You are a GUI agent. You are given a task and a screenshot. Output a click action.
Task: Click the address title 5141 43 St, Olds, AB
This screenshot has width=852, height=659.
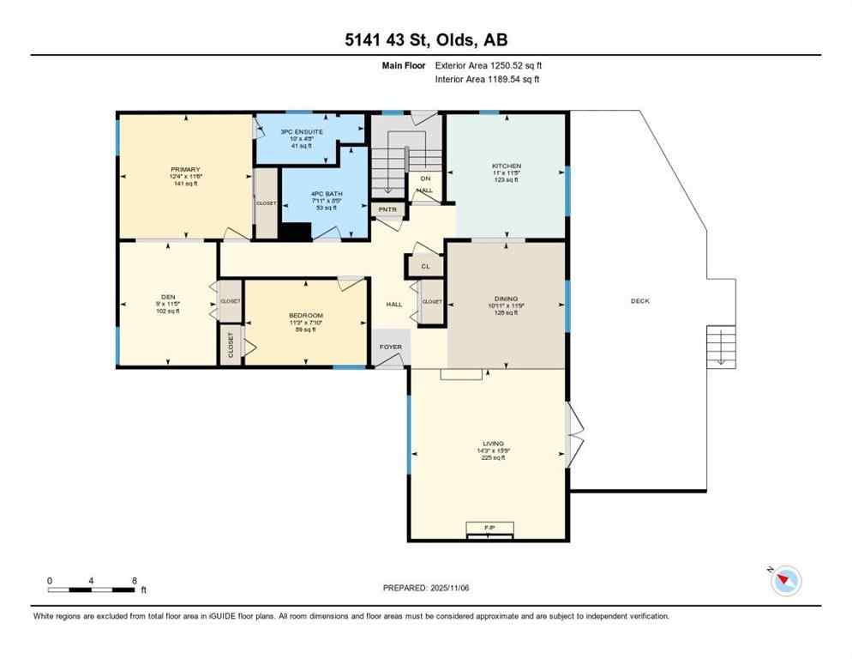point(425,39)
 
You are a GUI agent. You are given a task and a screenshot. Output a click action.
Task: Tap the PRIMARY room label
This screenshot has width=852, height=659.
point(185,170)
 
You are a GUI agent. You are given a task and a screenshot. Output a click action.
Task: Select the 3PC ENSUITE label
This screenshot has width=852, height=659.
point(301,131)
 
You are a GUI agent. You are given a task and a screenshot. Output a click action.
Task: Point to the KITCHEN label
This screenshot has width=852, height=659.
point(506,166)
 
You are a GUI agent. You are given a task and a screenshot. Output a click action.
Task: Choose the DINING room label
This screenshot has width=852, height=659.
point(506,299)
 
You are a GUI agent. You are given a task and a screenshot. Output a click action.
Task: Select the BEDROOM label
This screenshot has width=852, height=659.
point(306,316)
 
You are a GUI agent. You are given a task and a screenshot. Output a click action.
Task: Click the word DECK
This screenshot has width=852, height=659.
point(640,301)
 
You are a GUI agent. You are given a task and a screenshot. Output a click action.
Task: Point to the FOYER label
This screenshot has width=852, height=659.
point(391,347)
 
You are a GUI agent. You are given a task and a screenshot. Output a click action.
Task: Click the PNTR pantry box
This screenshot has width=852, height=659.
point(387,209)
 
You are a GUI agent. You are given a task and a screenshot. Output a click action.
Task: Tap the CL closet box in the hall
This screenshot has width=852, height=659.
point(425,267)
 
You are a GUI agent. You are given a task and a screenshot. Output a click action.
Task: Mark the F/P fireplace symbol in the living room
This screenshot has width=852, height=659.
point(489,528)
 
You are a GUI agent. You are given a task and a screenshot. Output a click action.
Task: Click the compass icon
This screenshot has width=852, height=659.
point(784,581)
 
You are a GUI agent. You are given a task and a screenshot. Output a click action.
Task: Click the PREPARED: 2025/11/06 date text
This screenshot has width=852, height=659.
point(426,588)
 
